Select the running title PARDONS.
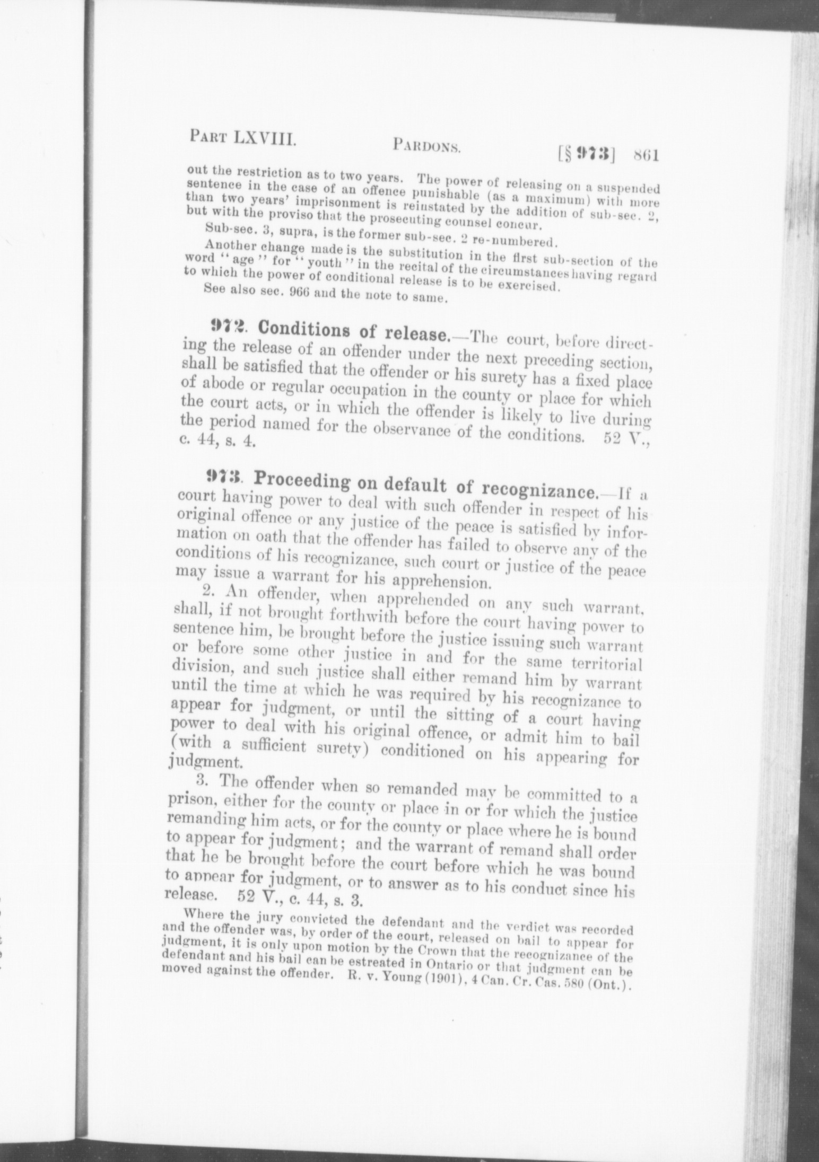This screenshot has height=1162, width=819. point(426,146)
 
